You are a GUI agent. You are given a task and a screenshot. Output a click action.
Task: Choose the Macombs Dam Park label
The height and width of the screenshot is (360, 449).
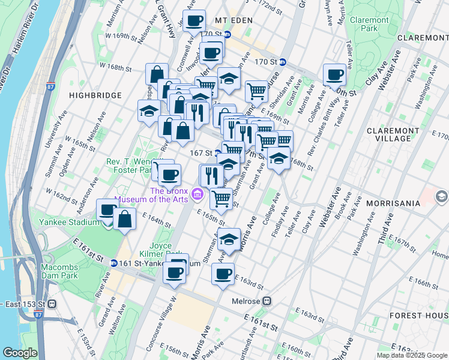pyautogui.click(x=59, y=271)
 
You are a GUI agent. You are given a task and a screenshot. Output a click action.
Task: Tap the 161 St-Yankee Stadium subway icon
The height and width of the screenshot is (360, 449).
pyautogui.click(x=114, y=263)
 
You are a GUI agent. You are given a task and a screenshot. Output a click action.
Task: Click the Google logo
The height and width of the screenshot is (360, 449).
pyautogui.click(x=19, y=353)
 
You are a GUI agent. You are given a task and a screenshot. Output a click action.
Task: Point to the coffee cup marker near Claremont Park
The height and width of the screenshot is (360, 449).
pyautogui.click(x=334, y=76)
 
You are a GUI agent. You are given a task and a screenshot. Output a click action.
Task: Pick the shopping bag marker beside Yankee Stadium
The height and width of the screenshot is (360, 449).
pyautogui.click(x=124, y=220)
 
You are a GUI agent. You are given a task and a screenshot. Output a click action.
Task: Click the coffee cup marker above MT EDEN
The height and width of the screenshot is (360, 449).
pyautogui.click(x=194, y=22)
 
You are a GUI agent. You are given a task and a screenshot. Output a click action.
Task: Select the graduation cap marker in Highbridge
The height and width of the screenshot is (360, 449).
pyautogui.click(x=149, y=112)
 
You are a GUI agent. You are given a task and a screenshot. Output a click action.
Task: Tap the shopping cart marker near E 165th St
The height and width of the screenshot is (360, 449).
pyautogui.click(x=221, y=199)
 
